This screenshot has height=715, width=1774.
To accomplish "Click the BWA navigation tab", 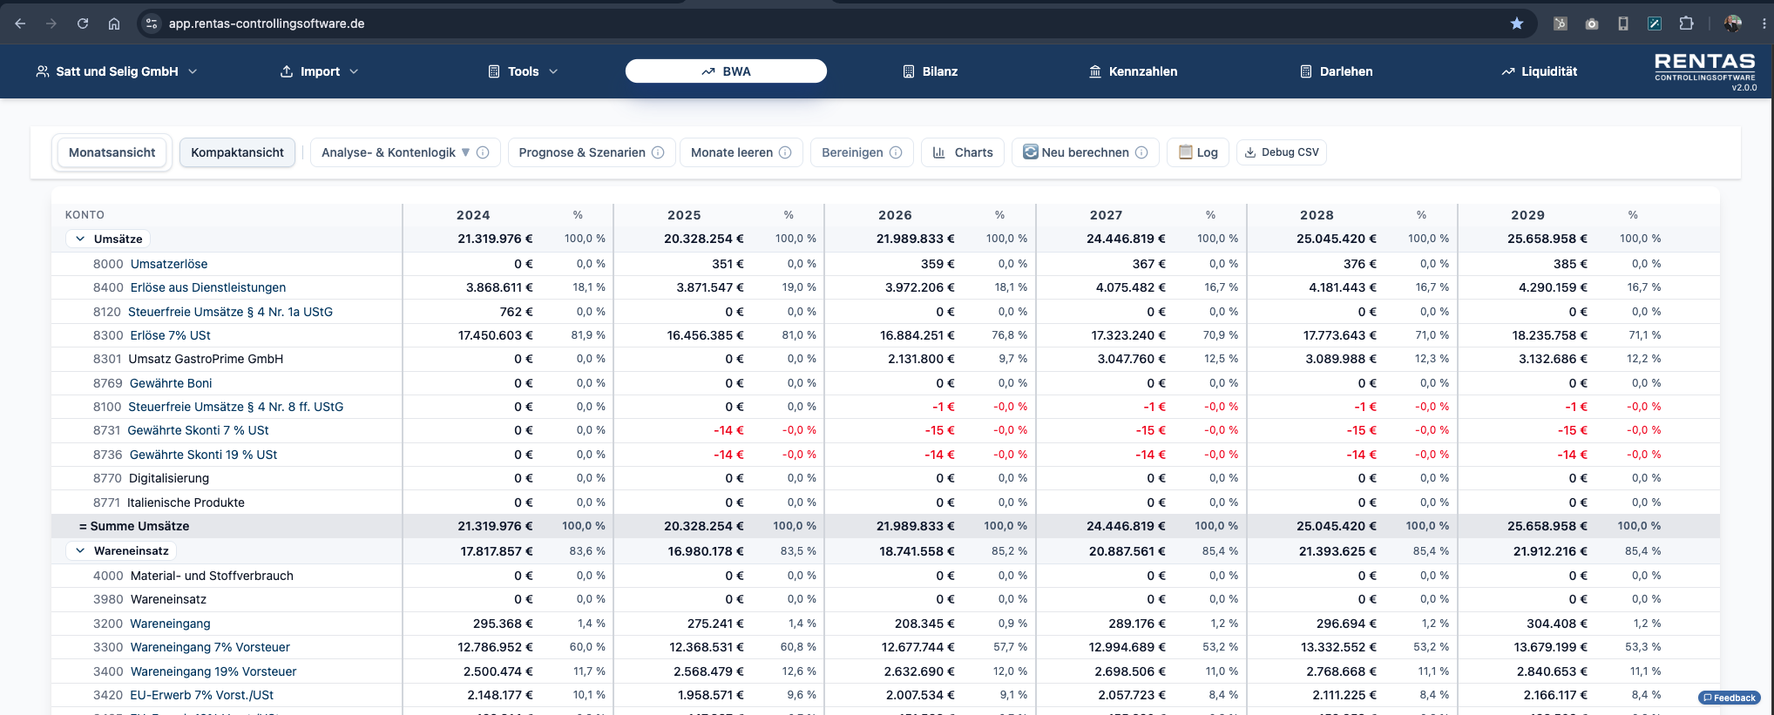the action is click(x=726, y=71).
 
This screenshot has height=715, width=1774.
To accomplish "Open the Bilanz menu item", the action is click(x=930, y=71).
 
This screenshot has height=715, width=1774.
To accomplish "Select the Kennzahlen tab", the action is click(x=1133, y=71).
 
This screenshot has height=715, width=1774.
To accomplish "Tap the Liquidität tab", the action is click(x=1539, y=71).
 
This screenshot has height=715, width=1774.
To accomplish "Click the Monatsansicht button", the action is click(x=112, y=152).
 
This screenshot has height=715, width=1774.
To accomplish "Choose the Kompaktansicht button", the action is click(x=237, y=152).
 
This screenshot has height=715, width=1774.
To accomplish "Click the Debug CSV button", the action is click(x=1281, y=152).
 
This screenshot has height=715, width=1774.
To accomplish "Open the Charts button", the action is click(x=963, y=152).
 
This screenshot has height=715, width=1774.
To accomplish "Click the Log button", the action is click(x=1198, y=152).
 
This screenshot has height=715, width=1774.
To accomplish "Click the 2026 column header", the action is click(x=895, y=215).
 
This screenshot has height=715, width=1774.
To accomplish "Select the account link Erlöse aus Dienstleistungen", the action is click(x=208, y=287).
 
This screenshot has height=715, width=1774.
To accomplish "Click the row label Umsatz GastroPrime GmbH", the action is click(x=206, y=359).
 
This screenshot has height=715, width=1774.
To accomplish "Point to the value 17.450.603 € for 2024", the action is click(x=496, y=335).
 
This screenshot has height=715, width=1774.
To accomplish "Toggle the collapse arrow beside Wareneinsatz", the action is click(x=80, y=550).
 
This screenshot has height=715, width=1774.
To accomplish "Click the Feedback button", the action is click(x=1730, y=698).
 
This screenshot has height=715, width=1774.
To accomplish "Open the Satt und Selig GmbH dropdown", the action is click(x=116, y=71).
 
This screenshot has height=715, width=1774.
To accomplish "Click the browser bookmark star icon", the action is click(x=1517, y=24).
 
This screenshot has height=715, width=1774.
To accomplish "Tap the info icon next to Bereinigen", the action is click(x=896, y=152).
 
